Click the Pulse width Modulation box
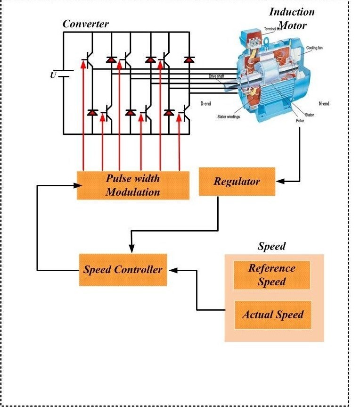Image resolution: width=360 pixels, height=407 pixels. click(133, 185)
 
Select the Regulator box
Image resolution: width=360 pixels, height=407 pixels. click(237, 182)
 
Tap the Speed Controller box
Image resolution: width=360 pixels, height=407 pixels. click(123, 270)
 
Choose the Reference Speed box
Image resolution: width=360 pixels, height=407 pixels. click(272, 275)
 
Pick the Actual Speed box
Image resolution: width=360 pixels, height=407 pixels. click(273, 315)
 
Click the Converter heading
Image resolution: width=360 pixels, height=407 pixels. click(86, 24)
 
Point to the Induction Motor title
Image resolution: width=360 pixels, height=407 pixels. click(292, 18)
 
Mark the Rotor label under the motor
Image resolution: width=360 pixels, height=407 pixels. click(300, 121)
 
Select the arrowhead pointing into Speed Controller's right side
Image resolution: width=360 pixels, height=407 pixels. click(172, 270)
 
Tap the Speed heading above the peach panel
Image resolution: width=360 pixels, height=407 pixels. click(271, 247)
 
